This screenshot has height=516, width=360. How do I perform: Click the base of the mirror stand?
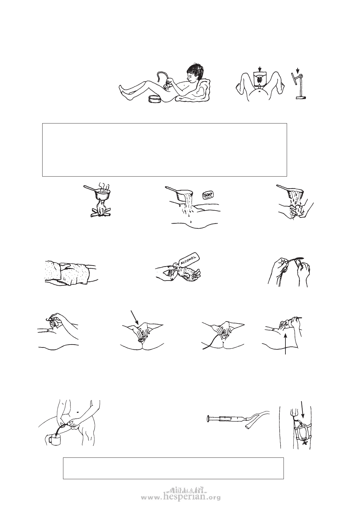[x=301, y=98]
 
